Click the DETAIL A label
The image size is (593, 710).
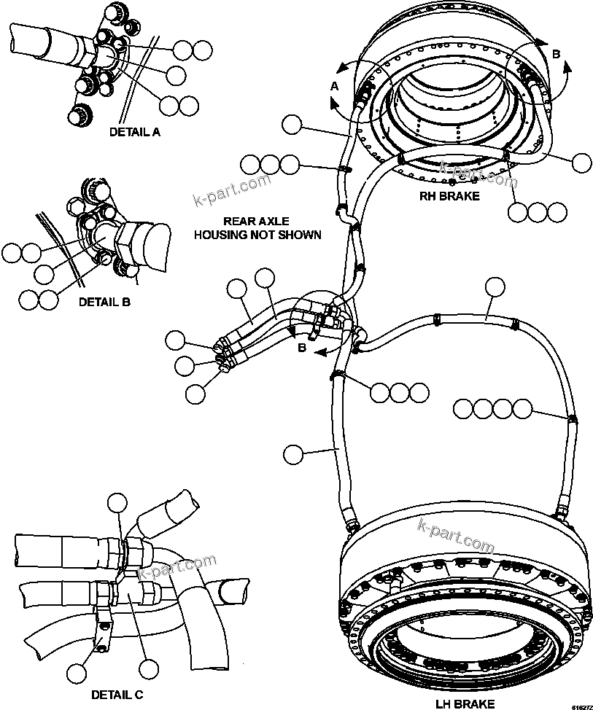point(135,132)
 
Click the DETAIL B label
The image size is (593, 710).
point(104,300)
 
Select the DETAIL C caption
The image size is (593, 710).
point(117,695)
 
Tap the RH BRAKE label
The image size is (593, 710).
point(449,196)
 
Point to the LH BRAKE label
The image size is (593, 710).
point(465,703)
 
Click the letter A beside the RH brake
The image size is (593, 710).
point(335,86)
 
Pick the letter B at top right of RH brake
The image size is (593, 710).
point(556,53)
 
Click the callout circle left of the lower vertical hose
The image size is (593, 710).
point(292,455)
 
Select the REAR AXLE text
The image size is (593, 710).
point(255,221)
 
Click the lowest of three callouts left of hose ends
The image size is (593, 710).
point(195,394)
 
